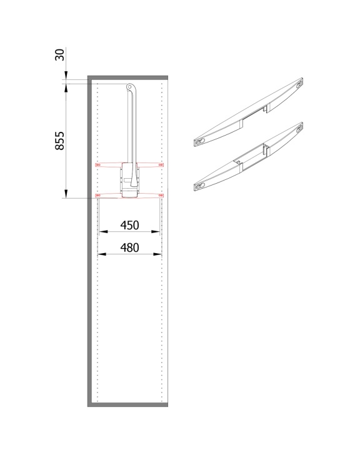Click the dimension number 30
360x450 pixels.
(x=59, y=55)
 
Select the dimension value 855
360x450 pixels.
(x=60, y=141)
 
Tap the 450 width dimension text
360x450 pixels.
(x=130, y=225)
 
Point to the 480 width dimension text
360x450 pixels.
(x=130, y=247)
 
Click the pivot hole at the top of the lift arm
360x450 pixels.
(x=129, y=86)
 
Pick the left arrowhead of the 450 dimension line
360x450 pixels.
(x=103, y=231)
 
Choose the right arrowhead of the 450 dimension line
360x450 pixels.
(x=155, y=231)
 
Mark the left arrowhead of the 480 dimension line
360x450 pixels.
(x=102, y=254)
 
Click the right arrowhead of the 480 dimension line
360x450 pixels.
(x=157, y=254)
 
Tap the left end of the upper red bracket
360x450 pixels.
(x=97, y=165)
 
